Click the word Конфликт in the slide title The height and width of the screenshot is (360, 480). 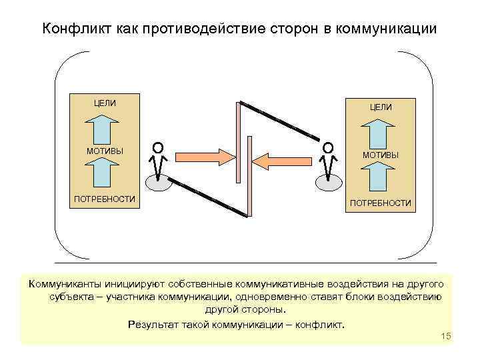pos(71,29)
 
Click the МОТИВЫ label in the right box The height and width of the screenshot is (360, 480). pos(381,155)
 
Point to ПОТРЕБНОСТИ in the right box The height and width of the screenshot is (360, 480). pos(381,203)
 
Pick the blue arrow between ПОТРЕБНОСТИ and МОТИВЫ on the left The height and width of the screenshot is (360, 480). pos(103,175)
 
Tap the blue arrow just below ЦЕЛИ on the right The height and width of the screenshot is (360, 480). pos(380,132)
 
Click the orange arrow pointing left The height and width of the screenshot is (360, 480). pos(281,161)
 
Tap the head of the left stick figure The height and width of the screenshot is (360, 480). pos(157,147)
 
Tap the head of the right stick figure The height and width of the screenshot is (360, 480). pos(327,147)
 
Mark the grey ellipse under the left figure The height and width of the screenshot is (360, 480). pos(158,183)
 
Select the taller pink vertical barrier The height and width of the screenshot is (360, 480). pos(238,141)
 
